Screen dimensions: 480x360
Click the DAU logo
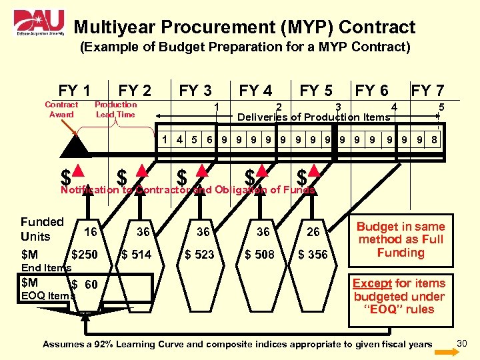39,25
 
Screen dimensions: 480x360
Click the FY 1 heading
75,90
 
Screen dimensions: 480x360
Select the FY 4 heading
255,90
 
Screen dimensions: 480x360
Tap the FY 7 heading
427,90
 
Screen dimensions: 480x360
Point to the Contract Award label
61,109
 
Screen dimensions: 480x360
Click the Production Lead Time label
115,109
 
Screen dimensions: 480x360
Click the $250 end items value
84,254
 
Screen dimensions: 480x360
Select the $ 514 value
136,254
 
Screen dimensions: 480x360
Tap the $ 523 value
199,254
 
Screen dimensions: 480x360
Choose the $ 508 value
259,254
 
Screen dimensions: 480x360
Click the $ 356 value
313,254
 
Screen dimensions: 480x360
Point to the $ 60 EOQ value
85,285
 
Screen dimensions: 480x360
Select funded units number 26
313,232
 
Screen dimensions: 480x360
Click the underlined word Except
373,283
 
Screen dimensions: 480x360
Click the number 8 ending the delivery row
434,140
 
